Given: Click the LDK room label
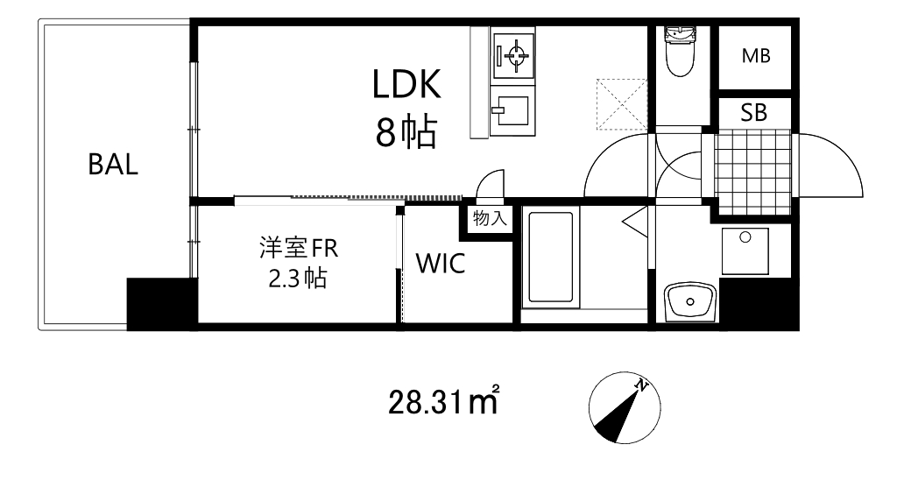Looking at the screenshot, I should [406, 86].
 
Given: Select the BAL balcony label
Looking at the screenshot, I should [113, 165].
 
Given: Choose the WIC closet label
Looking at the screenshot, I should [440, 264].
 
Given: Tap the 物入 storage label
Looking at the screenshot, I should [490, 218].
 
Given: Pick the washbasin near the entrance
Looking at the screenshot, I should [691, 301].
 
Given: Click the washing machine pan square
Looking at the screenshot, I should [745, 251].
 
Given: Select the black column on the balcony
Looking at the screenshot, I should [160, 303].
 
